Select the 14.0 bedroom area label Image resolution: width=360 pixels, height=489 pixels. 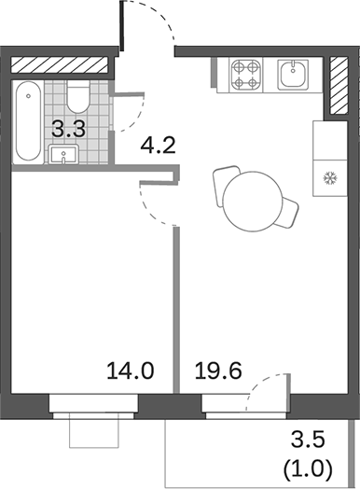point(131,371)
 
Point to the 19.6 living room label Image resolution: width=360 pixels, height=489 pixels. point(218,371)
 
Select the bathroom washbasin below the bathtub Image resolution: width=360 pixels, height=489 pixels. point(62,155)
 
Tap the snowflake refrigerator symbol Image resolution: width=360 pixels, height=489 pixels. point(328,177)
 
